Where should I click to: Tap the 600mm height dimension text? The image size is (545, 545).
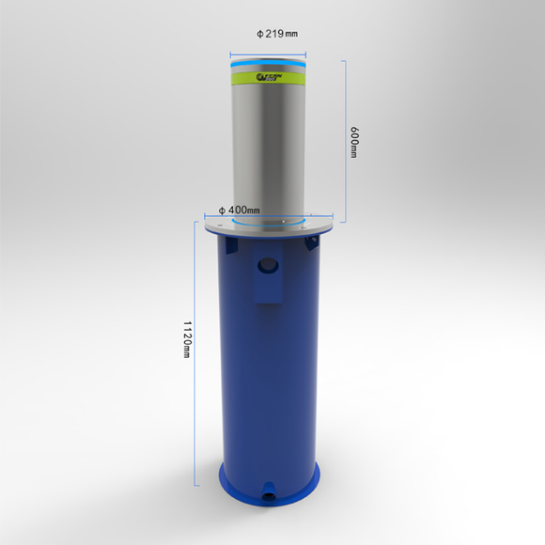pos(353,142)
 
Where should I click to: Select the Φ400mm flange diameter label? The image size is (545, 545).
pos(239,210)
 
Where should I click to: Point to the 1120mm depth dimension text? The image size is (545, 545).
pos(188,339)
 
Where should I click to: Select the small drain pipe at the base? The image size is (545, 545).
pos(270,490)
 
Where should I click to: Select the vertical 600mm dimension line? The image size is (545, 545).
pos(344,141)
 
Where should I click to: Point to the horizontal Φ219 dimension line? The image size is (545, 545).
pos(270,44)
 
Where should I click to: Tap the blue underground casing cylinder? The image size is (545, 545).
pos(270,376)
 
